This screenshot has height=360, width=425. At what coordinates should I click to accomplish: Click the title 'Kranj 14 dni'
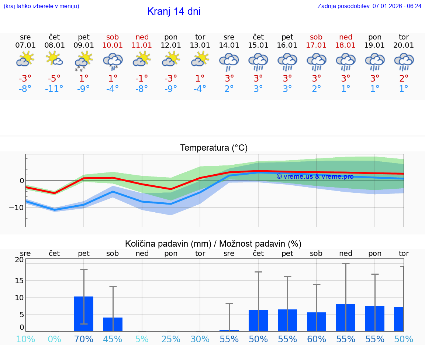pos(174,11)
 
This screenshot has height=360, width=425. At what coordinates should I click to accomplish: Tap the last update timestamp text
pos(369,6)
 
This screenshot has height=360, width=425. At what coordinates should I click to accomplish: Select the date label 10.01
pos(113,45)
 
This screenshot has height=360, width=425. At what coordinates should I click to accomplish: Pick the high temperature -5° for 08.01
pos(54,79)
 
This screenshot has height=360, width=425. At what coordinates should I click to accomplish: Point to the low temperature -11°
pos(54,89)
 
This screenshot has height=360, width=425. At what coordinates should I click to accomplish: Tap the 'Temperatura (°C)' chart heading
pos(214,148)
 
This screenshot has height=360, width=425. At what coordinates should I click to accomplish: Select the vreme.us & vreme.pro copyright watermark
pos(315,176)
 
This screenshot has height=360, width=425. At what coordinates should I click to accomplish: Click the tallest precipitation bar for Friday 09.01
pos(84,314)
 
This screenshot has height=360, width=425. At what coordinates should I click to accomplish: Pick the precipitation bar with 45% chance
pos(113,324)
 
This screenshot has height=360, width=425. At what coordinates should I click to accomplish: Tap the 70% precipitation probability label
pos(84,339)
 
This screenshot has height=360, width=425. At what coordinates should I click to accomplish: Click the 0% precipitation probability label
pos(54,339)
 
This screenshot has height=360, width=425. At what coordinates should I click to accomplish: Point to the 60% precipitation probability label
pos(317,339)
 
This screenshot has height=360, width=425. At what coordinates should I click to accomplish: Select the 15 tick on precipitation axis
pos(19,281)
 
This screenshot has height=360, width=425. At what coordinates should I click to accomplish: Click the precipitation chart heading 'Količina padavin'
pos(213,244)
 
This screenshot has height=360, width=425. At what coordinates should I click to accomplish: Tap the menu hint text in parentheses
pos(41,6)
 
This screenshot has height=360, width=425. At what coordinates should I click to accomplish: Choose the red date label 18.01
pos(346,45)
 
